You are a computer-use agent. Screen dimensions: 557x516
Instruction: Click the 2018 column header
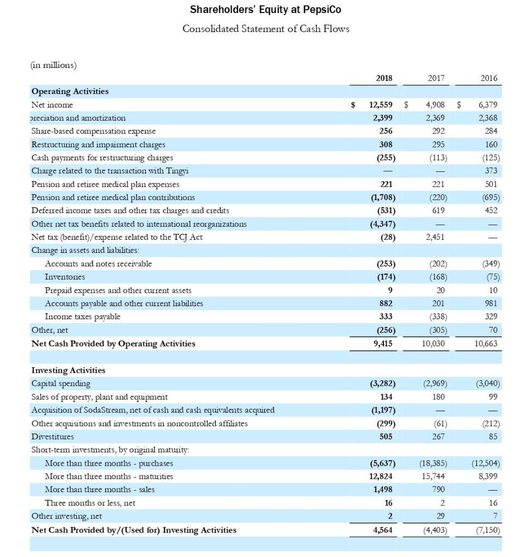tap(384, 78)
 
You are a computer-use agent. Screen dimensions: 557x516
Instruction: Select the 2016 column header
tap(489, 78)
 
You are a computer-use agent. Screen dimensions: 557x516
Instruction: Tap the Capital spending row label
tap(61, 383)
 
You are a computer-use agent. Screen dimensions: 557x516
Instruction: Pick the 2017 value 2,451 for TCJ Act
tap(434, 237)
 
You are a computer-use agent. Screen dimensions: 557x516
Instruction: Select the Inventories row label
tap(65, 277)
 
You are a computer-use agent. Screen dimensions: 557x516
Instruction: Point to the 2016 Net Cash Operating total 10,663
tap(487, 343)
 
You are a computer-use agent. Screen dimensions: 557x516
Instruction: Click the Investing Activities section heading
tap(68, 370)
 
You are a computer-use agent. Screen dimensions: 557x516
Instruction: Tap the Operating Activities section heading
tap(70, 91)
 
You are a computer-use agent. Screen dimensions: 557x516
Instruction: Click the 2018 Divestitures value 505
tap(386, 436)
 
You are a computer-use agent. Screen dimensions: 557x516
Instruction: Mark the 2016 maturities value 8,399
tap(489, 476)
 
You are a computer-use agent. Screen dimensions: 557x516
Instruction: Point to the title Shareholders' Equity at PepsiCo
tap(266, 10)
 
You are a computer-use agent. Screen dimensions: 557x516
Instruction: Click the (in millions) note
tap(54, 65)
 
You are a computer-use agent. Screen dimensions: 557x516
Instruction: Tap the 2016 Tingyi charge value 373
tap(492, 171)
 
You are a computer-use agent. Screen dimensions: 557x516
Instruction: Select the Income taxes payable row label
tap(83, 317)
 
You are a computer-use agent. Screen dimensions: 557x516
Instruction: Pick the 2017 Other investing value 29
tap(440, 516)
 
